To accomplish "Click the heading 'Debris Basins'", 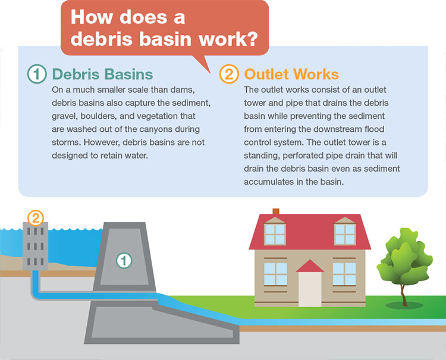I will coord(102,74).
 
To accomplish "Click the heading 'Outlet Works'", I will coord(291,74).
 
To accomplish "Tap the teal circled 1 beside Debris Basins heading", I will coord(37,74).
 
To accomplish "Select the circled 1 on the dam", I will coord(124,259).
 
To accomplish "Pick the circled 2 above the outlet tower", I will coord(35,217).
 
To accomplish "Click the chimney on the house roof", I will coord(275,211).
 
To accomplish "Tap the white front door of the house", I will coord(310,289).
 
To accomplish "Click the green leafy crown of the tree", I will coord(403,258).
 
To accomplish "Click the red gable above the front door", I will coord(310,266).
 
